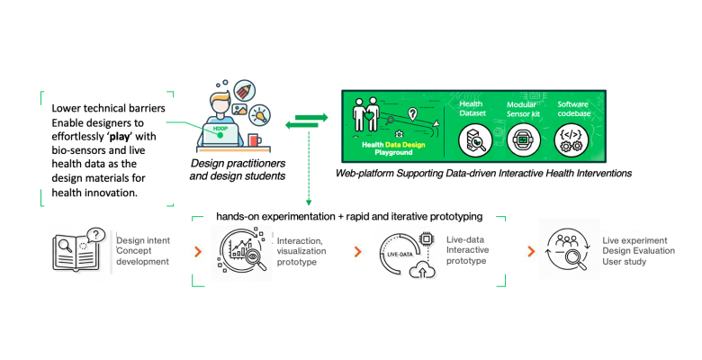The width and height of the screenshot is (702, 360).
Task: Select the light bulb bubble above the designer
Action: pos(259,115)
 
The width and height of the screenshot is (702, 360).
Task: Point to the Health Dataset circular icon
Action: pos(472,139)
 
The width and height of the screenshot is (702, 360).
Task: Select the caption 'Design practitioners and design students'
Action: pos(238,168)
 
